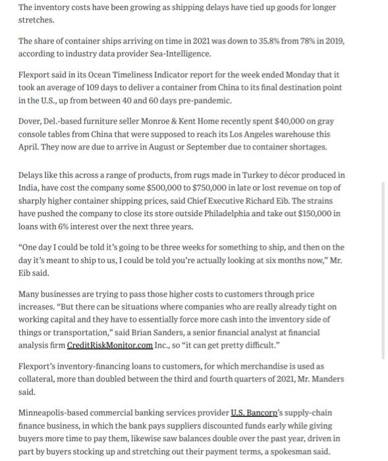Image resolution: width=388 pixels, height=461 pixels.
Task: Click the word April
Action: click(30, 146)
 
